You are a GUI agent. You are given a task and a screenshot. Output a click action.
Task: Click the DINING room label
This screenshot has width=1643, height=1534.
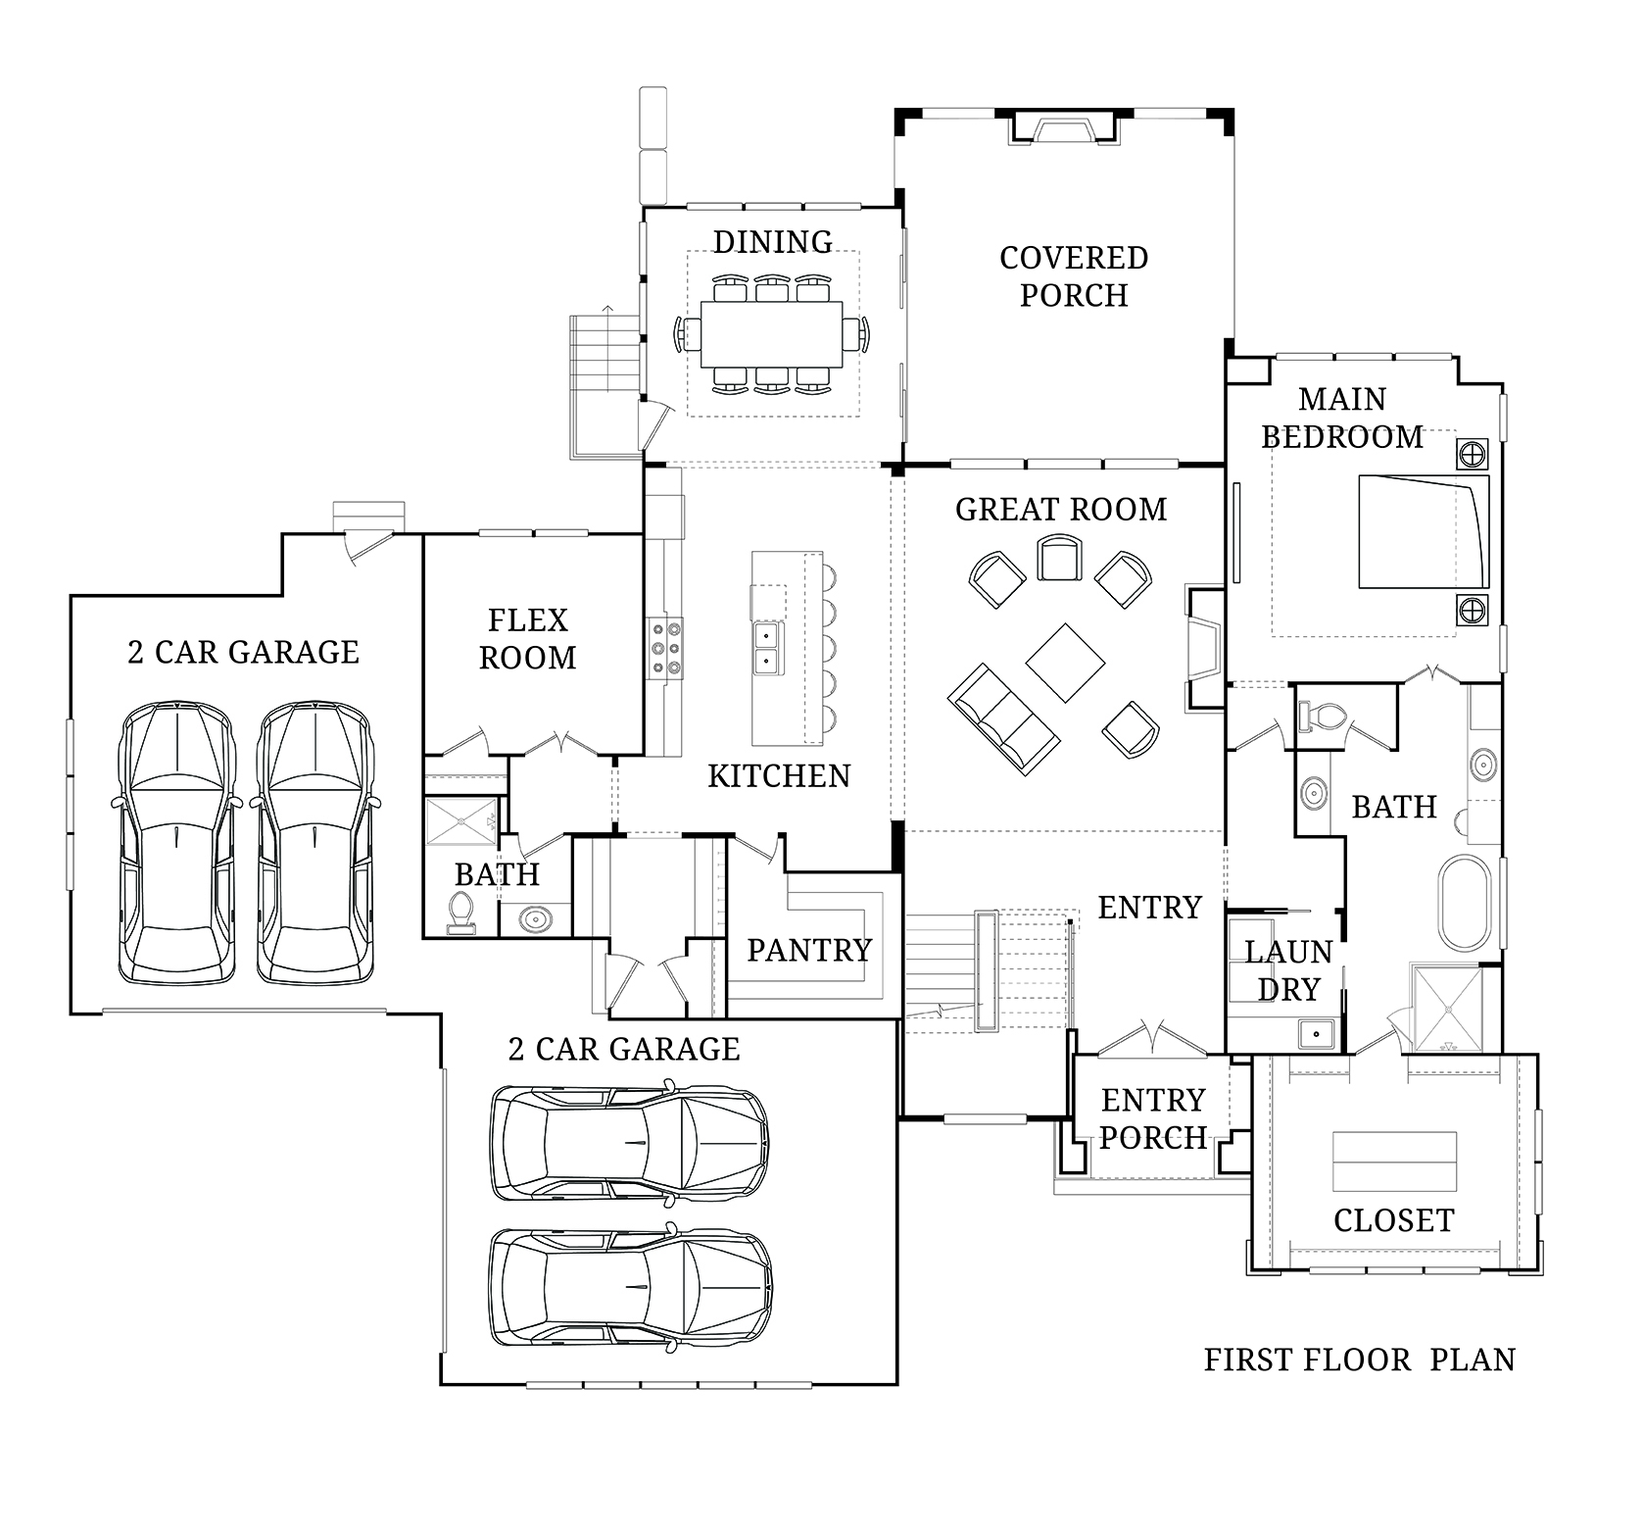click(x=772, y=241)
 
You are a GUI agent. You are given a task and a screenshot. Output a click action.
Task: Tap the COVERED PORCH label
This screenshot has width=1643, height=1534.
click(x=1074, y=276)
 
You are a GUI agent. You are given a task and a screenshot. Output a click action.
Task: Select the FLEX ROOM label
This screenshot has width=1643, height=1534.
click(x=528, y=639)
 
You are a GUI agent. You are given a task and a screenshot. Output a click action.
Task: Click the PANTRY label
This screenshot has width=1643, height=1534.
click(x=809, y=950)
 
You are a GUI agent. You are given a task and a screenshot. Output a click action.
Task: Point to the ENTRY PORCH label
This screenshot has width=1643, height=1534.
click(x=1153, y=1119)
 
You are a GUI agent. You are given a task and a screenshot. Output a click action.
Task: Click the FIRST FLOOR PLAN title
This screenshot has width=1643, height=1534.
click(x=1360, y=1361)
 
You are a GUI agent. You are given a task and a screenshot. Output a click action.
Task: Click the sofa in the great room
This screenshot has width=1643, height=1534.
click(x=1001, y=718)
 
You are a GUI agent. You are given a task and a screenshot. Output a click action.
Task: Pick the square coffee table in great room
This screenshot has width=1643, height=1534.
click(x=1066, y=664)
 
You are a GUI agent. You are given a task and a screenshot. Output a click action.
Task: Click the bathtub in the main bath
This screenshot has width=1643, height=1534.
click(x=1464, y=902)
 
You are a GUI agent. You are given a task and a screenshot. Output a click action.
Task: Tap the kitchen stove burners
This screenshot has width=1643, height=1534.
click(x=664, y=648)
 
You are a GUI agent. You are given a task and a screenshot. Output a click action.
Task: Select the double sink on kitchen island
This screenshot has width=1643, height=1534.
click(x=766, y=648)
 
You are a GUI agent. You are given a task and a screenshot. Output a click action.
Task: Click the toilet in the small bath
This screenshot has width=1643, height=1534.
click(x=460, y=913)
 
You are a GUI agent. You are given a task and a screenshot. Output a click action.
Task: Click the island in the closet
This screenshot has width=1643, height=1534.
click(x=1394, y=1163)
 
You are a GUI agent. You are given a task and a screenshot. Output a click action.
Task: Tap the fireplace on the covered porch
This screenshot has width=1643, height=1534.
click(x=1063, y=128)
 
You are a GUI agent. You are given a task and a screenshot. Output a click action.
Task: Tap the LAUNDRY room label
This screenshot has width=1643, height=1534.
click(x=1288, y=970)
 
